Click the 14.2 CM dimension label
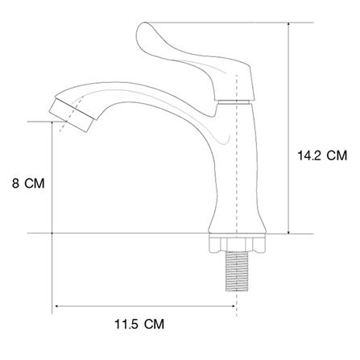point(322,155)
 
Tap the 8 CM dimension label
point(28,184)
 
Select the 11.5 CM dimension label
point(139,324)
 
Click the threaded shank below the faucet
point(237,271)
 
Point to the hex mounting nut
point(238,242)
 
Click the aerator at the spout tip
point(72,115)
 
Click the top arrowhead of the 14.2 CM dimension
point(288,25)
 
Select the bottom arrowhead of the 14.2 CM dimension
point(288,231)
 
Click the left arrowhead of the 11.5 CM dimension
point(57,306)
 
